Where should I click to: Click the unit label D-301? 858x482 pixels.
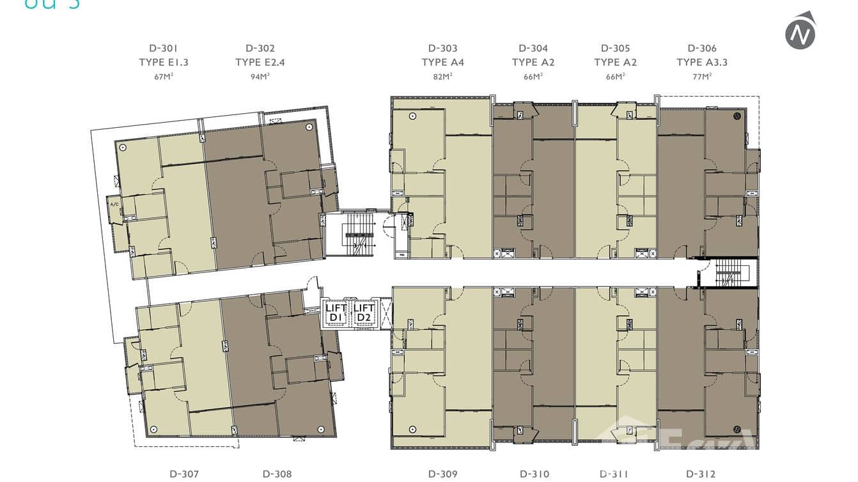pyautogui.click(x=163, y=48)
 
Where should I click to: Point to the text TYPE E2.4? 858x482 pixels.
pyautogui.click(x=260, y=62)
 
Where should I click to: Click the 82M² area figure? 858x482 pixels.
pyautogui.click(x=442, y=77)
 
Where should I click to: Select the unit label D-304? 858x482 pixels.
pyautogui.click(x=533, y=48)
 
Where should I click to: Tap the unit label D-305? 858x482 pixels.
pyautogui.click(x=615, y=48)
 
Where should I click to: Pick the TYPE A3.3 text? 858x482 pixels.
pyautogui.click(x=702, y=62)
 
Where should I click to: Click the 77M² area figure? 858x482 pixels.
pyautogui.click(x=702, y=77)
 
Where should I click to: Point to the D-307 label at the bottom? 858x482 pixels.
pyautogui.click(x=184, y=474)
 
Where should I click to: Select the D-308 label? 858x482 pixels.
pyautogui.click(x=277, y=474)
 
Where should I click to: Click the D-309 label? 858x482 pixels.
pyautogui.click(x=442, y=474)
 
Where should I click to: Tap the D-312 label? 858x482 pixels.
pyautogui.click(x=701, y=474)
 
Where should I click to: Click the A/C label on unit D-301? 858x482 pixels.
pyautogui.click(x=115, y=205)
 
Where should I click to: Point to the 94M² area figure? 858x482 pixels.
pyautogui.click(x=260, y=77)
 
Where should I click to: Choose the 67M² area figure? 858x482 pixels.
pyautogui.click(x=163, y=77)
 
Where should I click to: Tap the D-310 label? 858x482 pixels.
pyautogui.click(x=534, y=474)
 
